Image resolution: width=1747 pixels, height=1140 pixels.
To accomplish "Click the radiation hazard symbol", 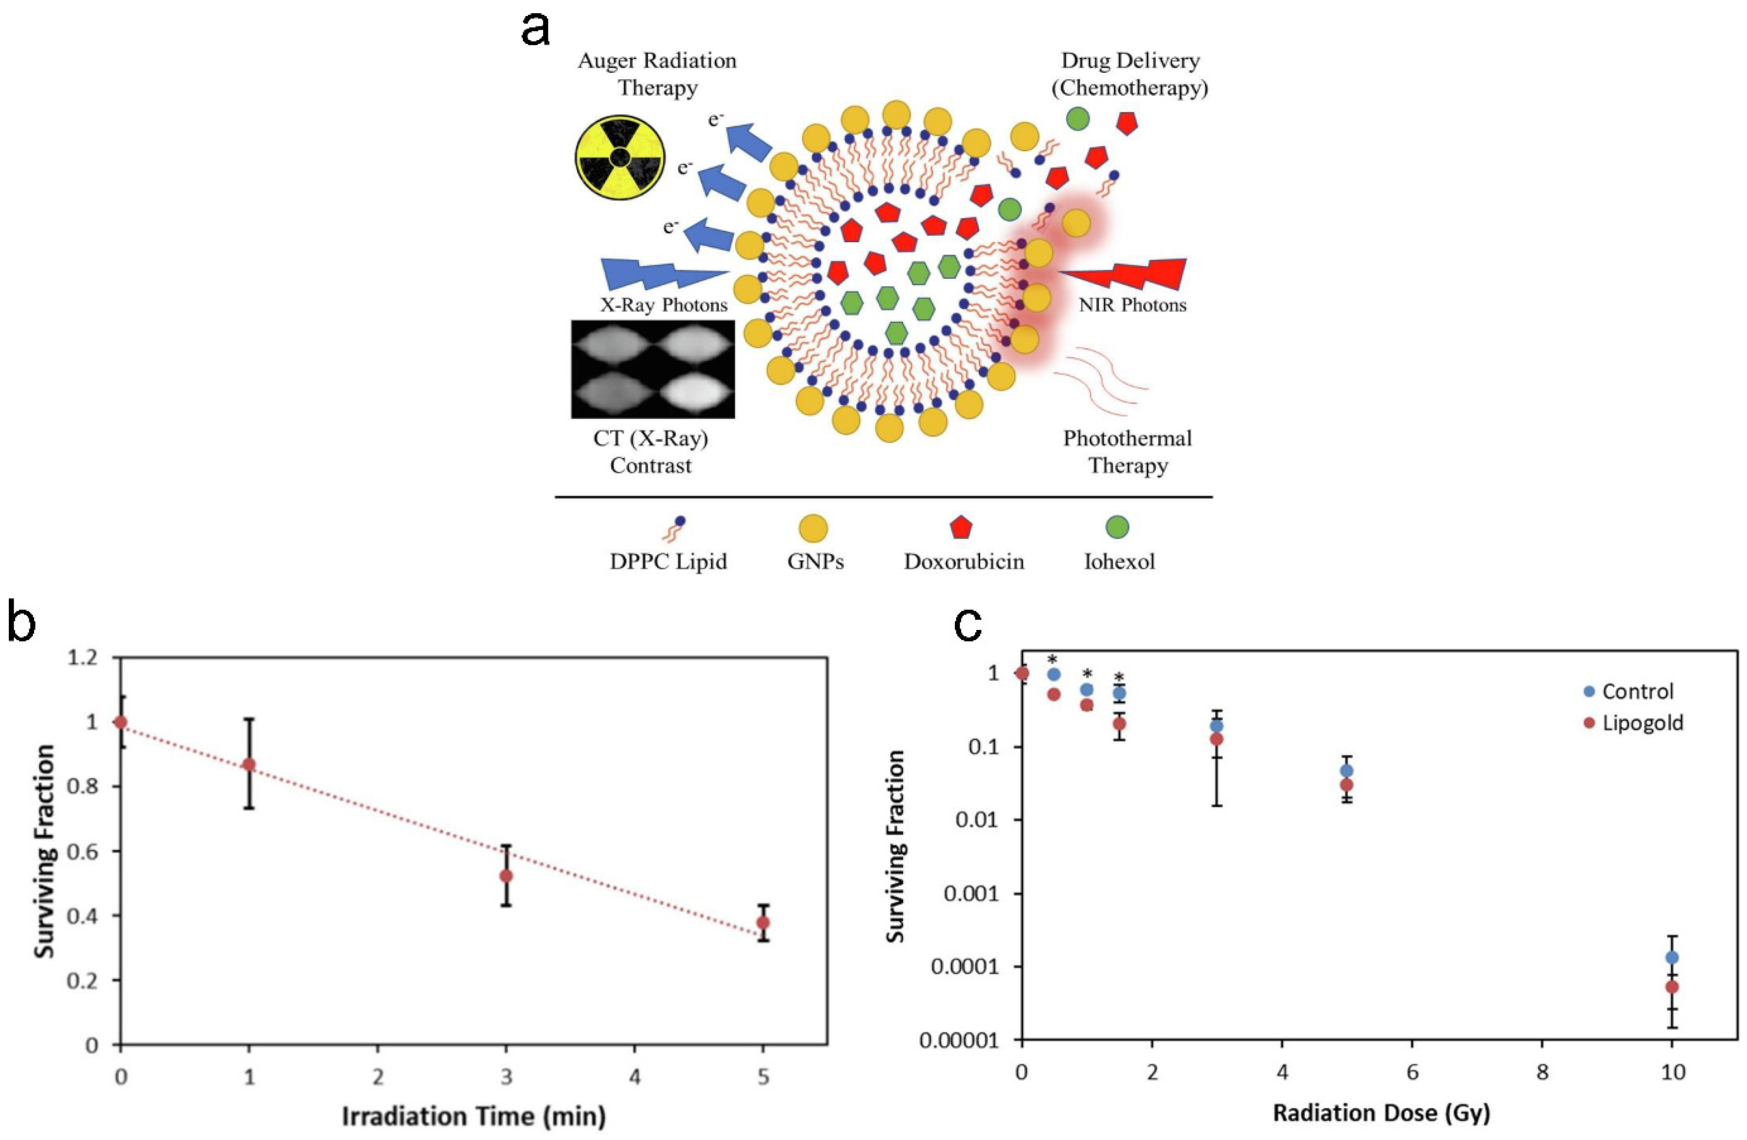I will point(620,156).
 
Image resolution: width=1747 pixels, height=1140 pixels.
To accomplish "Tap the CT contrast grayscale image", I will point(652,369).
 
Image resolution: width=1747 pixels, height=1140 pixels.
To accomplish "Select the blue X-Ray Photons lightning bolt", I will point(661,275).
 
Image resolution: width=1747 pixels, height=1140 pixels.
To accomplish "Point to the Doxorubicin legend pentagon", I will point(961,527).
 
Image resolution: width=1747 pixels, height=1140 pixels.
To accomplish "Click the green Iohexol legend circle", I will point(1117,527).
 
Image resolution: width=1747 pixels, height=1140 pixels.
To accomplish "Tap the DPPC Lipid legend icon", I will point(674,528).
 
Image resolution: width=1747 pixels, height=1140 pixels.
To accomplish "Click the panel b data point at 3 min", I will point(506,875).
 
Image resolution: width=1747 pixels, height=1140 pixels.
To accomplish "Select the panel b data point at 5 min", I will point(763,922).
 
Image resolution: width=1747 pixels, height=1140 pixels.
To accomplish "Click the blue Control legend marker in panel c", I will point(1590,691).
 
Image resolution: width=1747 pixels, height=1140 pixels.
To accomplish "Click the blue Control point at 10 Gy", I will point(1672,957).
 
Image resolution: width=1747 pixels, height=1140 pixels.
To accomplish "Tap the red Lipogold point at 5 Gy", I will point(1347,784).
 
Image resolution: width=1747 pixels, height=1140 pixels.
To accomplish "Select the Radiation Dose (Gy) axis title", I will point(1380,1113).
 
